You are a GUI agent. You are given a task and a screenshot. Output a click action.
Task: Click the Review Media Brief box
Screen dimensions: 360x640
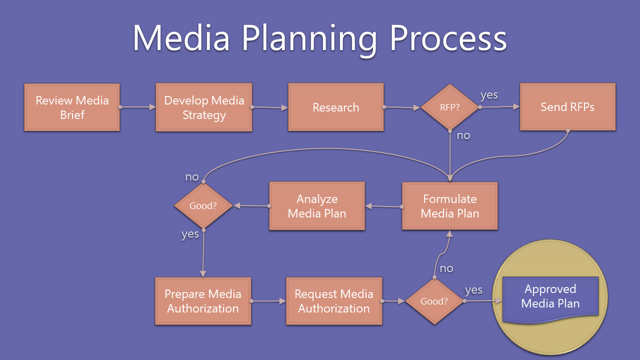(x=72, y=107)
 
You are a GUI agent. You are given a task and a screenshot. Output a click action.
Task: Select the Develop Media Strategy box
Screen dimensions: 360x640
(x=204, y=107)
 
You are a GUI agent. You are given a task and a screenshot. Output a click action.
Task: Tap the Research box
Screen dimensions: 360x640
(x=335, y=107)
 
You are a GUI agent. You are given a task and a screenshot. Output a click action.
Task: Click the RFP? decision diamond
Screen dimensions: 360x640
(x=450, y=107)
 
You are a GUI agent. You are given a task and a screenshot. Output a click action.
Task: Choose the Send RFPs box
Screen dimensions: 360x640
(x=567, y=107)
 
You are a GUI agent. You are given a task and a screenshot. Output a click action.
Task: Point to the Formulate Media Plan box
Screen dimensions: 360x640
(x=450, y=206)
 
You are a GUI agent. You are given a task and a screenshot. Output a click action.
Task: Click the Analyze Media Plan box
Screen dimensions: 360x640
(x=317, y=206)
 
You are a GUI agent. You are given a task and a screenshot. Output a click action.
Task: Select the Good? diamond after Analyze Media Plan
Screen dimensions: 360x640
(x=203, y=205)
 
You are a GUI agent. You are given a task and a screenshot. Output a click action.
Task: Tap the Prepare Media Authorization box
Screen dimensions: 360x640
(x=203, y=301)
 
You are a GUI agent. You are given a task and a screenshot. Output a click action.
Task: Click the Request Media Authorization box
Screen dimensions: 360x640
(x=334, y=301)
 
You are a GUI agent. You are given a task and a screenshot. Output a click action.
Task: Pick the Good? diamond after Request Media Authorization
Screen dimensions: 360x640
(x=434, y=301)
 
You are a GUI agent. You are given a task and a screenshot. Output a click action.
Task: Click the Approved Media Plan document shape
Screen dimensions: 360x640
(x=550, y=296)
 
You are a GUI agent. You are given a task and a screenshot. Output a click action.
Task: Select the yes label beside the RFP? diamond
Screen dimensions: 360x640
(x=489, y=95)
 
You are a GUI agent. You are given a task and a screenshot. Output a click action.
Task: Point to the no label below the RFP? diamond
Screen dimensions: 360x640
(x=463, y=135)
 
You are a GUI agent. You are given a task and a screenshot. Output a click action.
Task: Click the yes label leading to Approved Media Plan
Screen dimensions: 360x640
(x=473, y=290)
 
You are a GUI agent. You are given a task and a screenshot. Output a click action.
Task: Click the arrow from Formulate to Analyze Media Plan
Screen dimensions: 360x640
(x=384, y=206)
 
